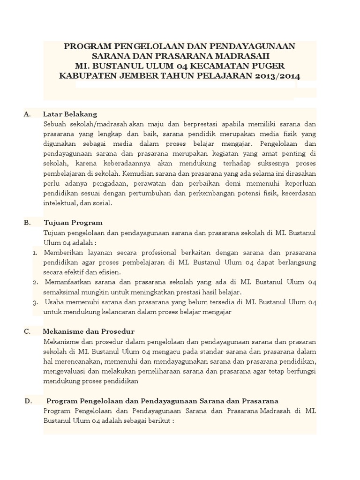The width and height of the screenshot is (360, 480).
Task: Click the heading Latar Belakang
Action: (70, 114)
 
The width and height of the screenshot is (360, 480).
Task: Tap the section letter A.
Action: (26, 114)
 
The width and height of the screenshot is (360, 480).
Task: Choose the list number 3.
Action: (36, 302)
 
